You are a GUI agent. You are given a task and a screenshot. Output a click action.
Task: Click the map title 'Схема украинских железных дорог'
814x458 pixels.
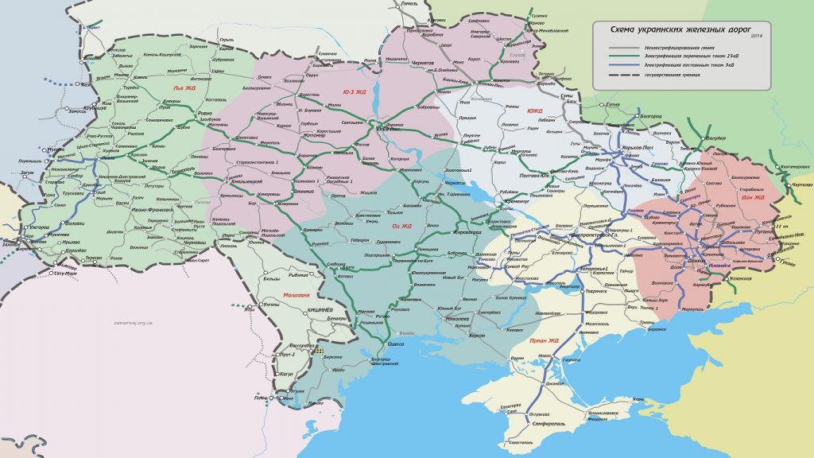click(x=683, y=29)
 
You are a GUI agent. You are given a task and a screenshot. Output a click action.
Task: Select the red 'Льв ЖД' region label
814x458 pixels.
click(x=184, y=88)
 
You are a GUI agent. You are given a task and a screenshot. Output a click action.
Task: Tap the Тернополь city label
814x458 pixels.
click(x=180, y=170)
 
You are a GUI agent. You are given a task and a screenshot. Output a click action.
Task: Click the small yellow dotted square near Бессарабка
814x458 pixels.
click(x=320, y=350)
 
